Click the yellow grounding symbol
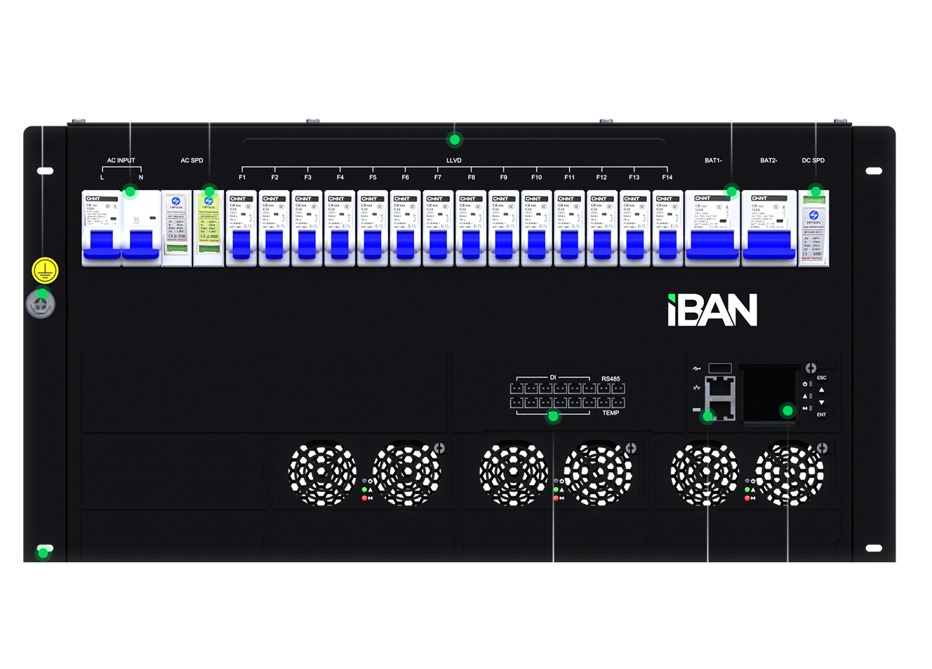click(45, 270)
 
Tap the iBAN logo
click(712, 310)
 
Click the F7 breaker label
click(438, 178)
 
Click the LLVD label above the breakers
click(454, 161)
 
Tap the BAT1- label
click(713, 161)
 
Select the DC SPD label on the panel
click(813, 161)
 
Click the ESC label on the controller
click(821, 378)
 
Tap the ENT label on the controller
click(821, 415)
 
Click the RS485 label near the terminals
click(611, 379)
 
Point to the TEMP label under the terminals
click(611, 413)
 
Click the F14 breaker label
click(667, 178)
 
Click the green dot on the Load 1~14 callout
click(455, 140)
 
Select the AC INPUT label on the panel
click(121, 161)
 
